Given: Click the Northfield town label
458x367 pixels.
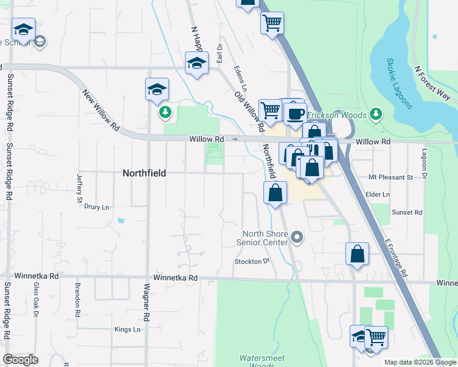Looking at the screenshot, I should pos(144,173).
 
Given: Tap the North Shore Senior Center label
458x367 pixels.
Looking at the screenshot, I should pos(265,238).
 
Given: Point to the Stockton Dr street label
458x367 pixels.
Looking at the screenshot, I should pos(252,261).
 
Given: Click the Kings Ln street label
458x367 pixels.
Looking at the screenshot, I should pos(127,329).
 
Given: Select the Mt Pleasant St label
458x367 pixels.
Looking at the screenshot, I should pos(391,177).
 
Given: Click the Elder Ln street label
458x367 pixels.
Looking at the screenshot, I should pos(377,195).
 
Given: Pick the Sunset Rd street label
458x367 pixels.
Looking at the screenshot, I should pos(407,212).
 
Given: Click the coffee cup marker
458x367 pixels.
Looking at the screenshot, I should pos(295,113).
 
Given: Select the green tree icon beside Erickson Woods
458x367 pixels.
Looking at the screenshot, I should pos(376,114).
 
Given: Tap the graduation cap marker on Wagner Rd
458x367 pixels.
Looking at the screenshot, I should pos(157,89).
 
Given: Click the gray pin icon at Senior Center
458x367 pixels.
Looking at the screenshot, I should pos(298,237).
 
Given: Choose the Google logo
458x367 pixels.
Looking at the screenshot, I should pos(20,359).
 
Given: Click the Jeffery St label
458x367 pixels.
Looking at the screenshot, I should pos(80,188).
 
